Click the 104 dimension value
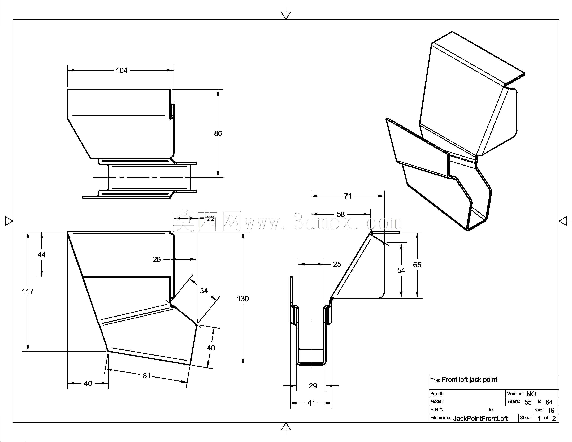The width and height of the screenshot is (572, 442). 122,70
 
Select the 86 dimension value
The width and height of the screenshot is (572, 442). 218,133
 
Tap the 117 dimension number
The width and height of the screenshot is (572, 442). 28,291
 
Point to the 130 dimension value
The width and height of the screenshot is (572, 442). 243,298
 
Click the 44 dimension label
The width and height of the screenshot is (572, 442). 42,254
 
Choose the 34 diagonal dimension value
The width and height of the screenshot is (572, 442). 204,291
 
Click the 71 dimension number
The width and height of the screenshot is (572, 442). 348,196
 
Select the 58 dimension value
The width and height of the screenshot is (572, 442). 341,214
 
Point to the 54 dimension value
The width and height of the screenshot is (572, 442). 401,271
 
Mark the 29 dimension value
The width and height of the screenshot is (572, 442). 313,386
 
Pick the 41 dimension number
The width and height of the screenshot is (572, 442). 311,403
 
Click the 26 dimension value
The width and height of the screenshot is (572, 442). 157,259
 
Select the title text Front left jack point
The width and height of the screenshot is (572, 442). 470,379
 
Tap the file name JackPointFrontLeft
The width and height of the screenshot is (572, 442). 480,418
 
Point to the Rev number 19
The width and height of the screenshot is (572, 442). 551,410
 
